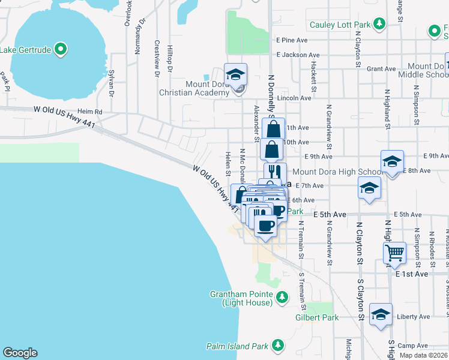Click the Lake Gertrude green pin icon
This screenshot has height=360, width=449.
[x=60, y=49]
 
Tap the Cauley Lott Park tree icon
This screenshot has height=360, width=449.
[x=379, y=24]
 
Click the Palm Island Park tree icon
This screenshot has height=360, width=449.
[x=277, y=345]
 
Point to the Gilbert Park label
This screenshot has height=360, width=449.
[x=317, y=317]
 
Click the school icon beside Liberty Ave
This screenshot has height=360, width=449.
[x=381, y=314]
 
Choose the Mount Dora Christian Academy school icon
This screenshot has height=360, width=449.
[x=236, y=74]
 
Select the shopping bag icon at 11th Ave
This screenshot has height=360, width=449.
[x=274, y=128]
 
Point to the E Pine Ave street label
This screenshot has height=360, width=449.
[x=292, y=40]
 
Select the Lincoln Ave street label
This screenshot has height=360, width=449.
[x=294, y=98]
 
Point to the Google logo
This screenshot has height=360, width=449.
[x=20, y=353]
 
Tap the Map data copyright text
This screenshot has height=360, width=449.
[x=424, y=355]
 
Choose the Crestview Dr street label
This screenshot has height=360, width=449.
[x=157, y=59]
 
